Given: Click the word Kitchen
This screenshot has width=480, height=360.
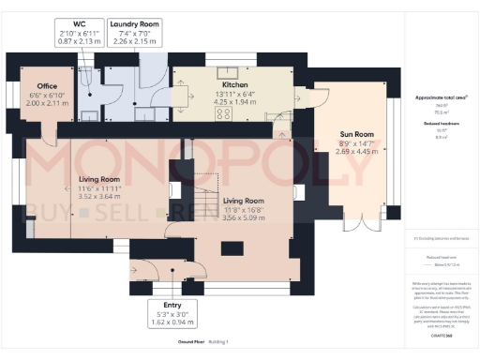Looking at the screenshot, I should (x=233, y=82).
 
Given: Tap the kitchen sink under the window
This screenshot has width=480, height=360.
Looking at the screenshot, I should (x=226, y=72).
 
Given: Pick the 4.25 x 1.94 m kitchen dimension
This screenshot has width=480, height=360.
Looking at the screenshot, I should (x=233, y=99).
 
